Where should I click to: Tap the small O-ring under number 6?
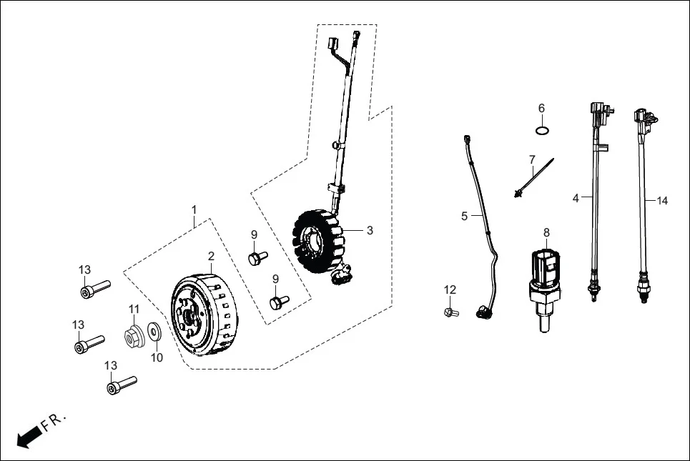(542, 130)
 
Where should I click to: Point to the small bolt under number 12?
(450, 312)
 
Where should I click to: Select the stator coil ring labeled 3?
(320, 243)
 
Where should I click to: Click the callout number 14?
(662, 201)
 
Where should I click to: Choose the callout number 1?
(193, 209)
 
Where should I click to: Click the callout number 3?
(370, 230)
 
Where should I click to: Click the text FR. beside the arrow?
(54, 422)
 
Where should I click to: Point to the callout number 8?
(547, 232)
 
